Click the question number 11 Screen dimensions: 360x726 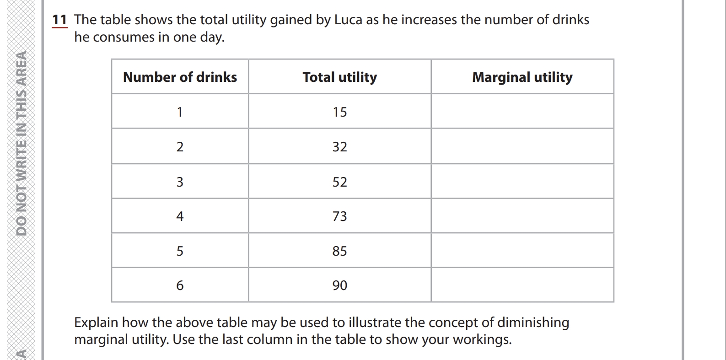(x=59, y=20)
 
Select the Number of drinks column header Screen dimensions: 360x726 (x=180, y=77)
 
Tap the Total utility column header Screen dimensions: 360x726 (x=339, y=77)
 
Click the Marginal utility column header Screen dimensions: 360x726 (x=522, y=77)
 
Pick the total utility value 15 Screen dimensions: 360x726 (x=339, y=112)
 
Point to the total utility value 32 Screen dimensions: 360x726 (x=339, y=147)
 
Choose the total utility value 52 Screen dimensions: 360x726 (x=339, y=182)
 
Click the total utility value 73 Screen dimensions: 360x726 (x=339, y=216)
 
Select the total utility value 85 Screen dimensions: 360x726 (x=339, y=251)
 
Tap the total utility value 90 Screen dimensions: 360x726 (x=339, y=285)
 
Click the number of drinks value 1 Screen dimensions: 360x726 (x=180, y=112)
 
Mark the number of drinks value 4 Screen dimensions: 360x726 (x=180, y=216)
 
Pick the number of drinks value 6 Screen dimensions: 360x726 (x=180, y=285)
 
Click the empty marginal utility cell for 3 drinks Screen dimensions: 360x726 (x=522, y=181)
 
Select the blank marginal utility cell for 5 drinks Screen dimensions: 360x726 (x=522, y=250)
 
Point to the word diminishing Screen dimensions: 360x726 (x=533, y=322)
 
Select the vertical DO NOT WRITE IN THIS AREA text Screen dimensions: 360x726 (x=21, y=143)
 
